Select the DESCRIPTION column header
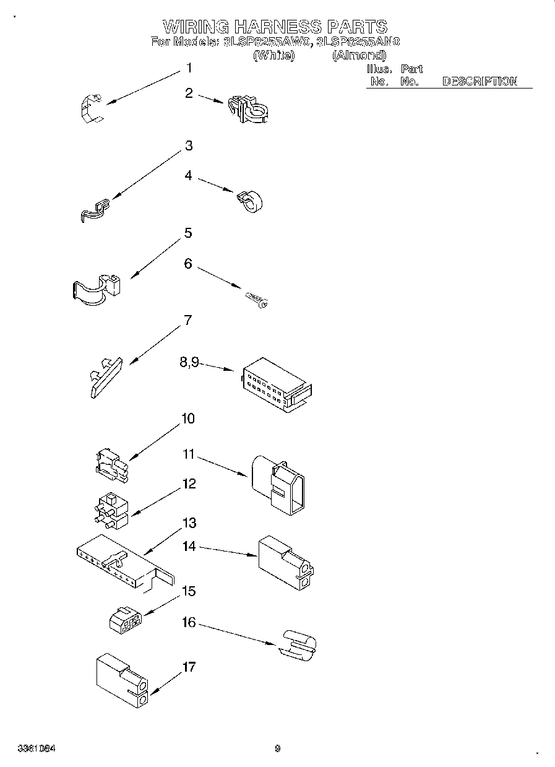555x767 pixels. click(x=479, y=81)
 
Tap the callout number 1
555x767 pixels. click(x=189, y=68)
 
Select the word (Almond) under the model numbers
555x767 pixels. click(x=359, y=56)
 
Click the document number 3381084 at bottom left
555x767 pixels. click(x=37, y=748)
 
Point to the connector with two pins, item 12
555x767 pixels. click(x=110, y=511)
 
